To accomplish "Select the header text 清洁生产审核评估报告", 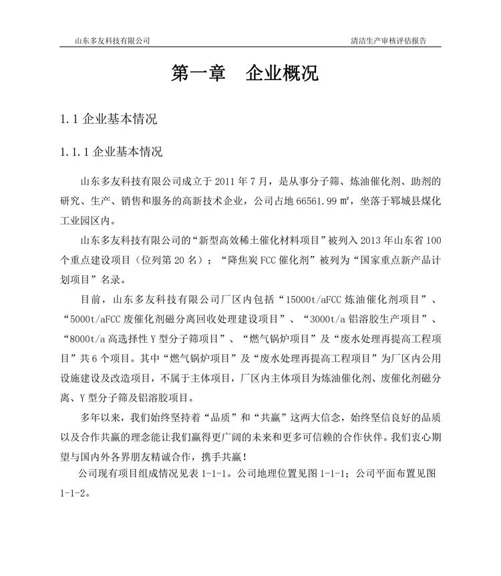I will (388, 40).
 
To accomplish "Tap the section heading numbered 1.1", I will (109, 120).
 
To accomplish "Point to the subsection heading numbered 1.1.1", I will (111, 152).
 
